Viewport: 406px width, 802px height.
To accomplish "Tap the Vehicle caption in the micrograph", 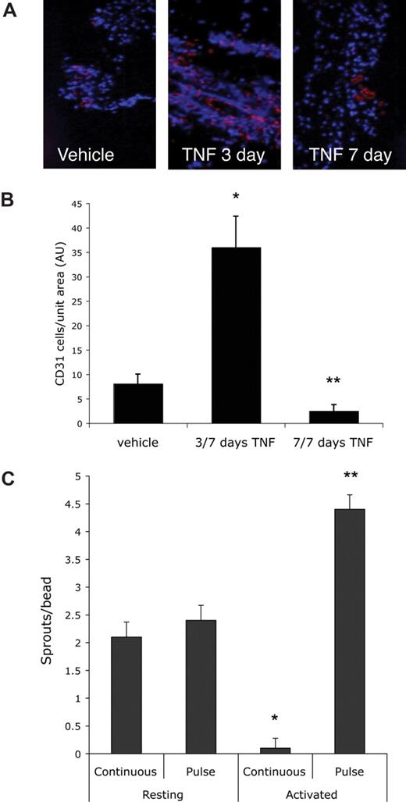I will (x=85, y=155).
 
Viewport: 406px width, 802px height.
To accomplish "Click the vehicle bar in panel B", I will (x=137, y=404).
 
